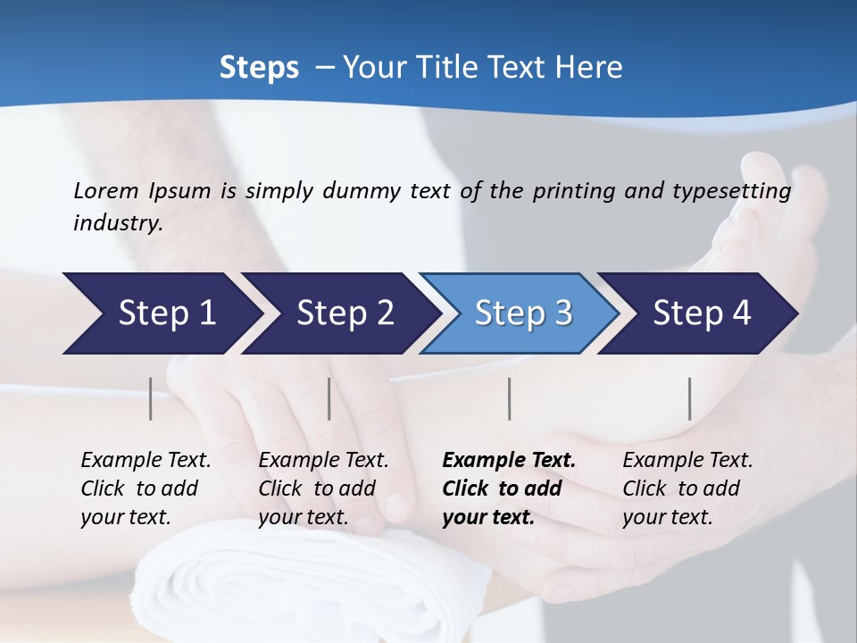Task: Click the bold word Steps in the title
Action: tap(259, 68)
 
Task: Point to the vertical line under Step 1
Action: tap(151, 398)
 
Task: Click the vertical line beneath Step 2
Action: tap(329, 398)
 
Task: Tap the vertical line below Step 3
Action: tap(510, 398)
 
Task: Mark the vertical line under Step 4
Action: tap(690, 398)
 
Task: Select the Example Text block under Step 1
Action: tap(146, 489)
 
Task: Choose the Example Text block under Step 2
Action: tap(323, 489)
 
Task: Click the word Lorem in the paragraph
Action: tap(106, 190)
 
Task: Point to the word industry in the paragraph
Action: tap(117, 223)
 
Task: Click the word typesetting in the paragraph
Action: tap(737, 191)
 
